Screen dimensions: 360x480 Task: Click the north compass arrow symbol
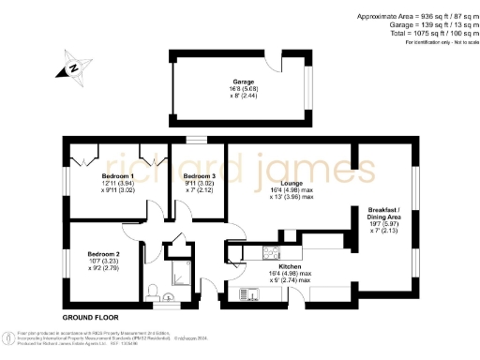point(71,67)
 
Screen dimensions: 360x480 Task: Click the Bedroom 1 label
point(118,176)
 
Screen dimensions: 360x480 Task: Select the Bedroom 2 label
point(105,254)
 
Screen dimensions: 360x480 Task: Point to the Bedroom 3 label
point(199,176)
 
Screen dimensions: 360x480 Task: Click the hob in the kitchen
point(272,251)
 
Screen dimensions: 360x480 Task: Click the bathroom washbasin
point(169,298)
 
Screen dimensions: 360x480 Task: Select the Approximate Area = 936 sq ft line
point(412,16)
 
